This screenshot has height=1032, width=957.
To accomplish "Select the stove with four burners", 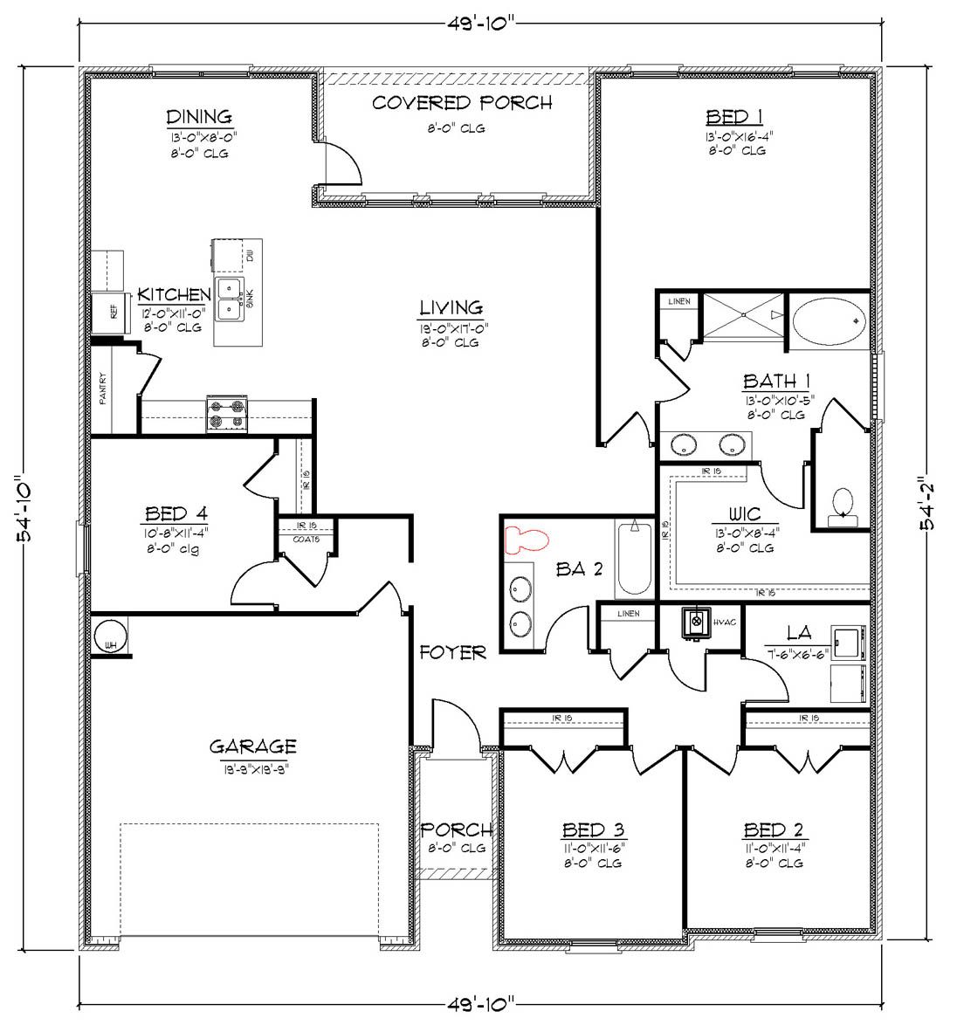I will click(x=225, y=415).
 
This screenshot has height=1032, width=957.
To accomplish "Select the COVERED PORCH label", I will click(x=462, y=103).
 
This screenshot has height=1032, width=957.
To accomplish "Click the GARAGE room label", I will click(x=252, y=746).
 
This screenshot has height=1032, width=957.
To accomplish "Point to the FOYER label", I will click(x=452, y=652).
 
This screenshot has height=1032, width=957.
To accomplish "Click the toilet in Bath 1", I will click(x=843, y=505).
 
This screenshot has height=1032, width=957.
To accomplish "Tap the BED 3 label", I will click(x=592, y=829).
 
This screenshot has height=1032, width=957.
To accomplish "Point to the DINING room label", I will click(x=199, y=116).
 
